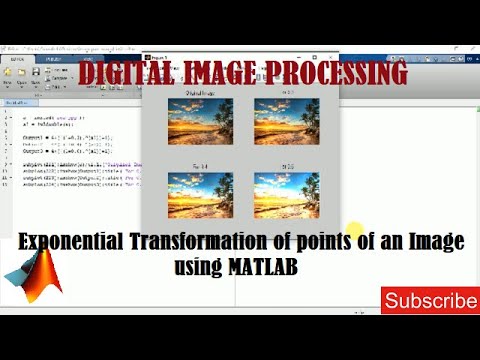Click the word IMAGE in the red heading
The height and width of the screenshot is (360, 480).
pos(228,73)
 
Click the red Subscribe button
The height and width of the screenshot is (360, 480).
pos(429,300)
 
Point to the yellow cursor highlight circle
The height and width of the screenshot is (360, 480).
pos(355,231)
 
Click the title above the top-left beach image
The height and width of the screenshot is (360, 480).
pos(200,92)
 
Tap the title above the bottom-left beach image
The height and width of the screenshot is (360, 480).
pos(200,167)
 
